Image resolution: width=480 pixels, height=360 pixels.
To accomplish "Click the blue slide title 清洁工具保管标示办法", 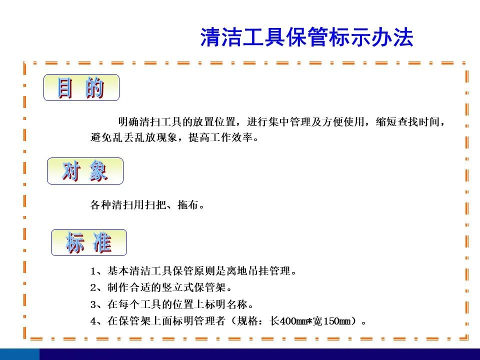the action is click(x=306, y=37).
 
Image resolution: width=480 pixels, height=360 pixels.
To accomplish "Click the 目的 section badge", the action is click(x=81, y=87).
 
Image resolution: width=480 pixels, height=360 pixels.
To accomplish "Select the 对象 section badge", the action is click(x=85, y=171).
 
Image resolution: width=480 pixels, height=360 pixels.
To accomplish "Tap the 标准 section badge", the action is click(x=89, y=242).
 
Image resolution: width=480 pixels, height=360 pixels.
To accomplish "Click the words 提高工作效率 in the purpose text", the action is click(x=220, y=137).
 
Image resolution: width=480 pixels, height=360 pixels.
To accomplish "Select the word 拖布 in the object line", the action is click(x=188, y=204).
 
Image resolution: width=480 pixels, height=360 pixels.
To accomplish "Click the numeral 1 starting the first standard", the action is click(x=93, y=271).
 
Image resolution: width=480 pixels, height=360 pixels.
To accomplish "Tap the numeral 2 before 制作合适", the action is click(x=93, y=288).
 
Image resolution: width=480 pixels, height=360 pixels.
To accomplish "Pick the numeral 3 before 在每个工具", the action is click(x=93, y=304).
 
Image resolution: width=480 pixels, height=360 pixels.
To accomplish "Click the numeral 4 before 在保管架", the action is click(x=93, y=321).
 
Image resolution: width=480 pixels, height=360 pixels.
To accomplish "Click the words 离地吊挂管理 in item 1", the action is click(x=258, y=271).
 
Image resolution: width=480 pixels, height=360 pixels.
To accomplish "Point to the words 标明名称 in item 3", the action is click(x=226, y=304).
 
